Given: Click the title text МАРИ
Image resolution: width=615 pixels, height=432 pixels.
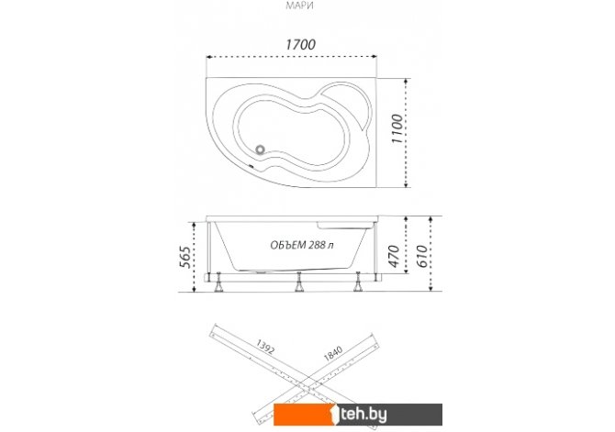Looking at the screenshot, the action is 299,6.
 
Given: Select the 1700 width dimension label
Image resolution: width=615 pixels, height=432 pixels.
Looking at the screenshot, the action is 300,44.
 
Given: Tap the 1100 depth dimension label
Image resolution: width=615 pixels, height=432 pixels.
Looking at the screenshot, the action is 397,129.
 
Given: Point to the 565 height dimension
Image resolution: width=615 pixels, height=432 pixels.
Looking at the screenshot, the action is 186,257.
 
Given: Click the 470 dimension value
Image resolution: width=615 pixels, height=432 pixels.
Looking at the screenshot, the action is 394,256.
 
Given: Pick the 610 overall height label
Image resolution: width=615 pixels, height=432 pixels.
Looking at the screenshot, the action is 421,256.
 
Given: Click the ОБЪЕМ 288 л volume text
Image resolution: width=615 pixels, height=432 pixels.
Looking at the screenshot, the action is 302,245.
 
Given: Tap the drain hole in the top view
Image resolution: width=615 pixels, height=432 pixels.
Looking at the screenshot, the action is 260,150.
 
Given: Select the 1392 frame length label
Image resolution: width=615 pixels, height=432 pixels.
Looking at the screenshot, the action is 265,346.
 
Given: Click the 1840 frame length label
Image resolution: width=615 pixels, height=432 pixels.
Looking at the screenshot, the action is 333,353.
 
